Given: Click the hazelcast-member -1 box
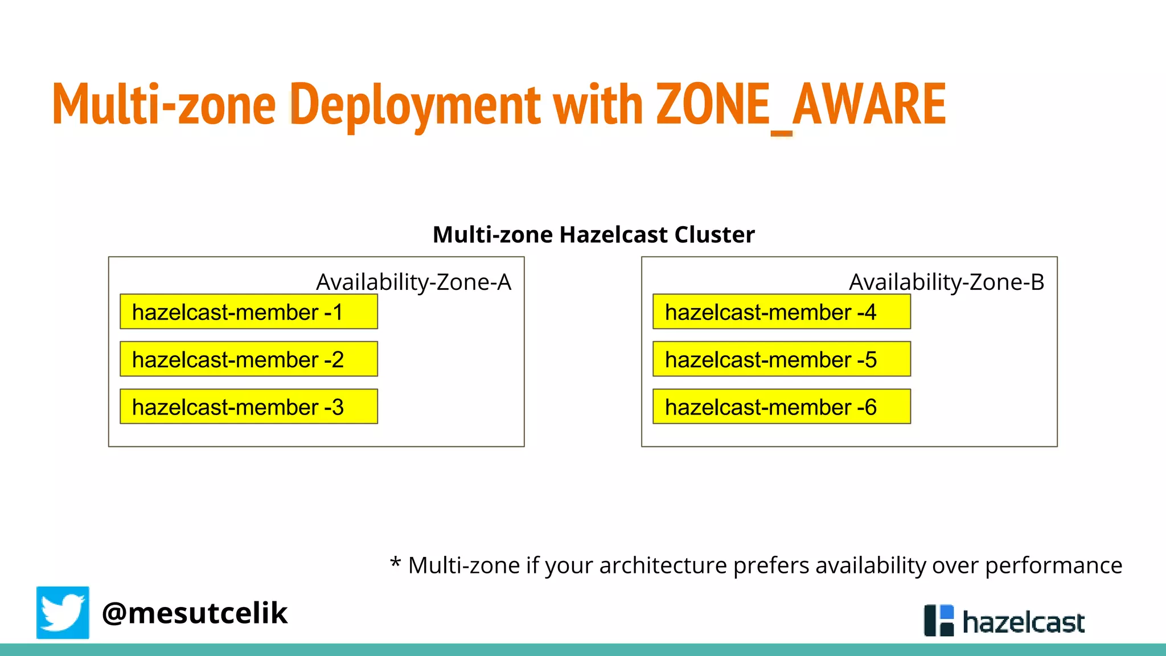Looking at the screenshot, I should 248,312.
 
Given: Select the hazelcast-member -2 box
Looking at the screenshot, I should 248,359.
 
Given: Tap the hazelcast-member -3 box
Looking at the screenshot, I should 248,407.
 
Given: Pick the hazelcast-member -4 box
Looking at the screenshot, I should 781,312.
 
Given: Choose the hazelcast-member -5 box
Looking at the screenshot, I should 781,359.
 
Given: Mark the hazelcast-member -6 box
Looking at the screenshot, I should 781,407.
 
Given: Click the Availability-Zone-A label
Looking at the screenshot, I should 414,282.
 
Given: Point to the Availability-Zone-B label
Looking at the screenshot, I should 946,282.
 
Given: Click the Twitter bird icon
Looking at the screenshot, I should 63,613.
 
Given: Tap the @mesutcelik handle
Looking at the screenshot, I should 195,613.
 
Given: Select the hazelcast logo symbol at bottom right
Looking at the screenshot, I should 938,620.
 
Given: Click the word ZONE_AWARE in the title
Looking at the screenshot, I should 800,105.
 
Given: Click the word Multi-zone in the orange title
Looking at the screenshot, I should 164,105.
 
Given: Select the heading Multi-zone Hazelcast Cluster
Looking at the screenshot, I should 593,235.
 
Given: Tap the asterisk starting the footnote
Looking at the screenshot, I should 395,563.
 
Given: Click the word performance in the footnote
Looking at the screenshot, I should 1053,566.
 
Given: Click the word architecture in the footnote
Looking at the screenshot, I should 663,566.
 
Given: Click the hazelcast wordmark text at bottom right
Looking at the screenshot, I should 1023,622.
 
